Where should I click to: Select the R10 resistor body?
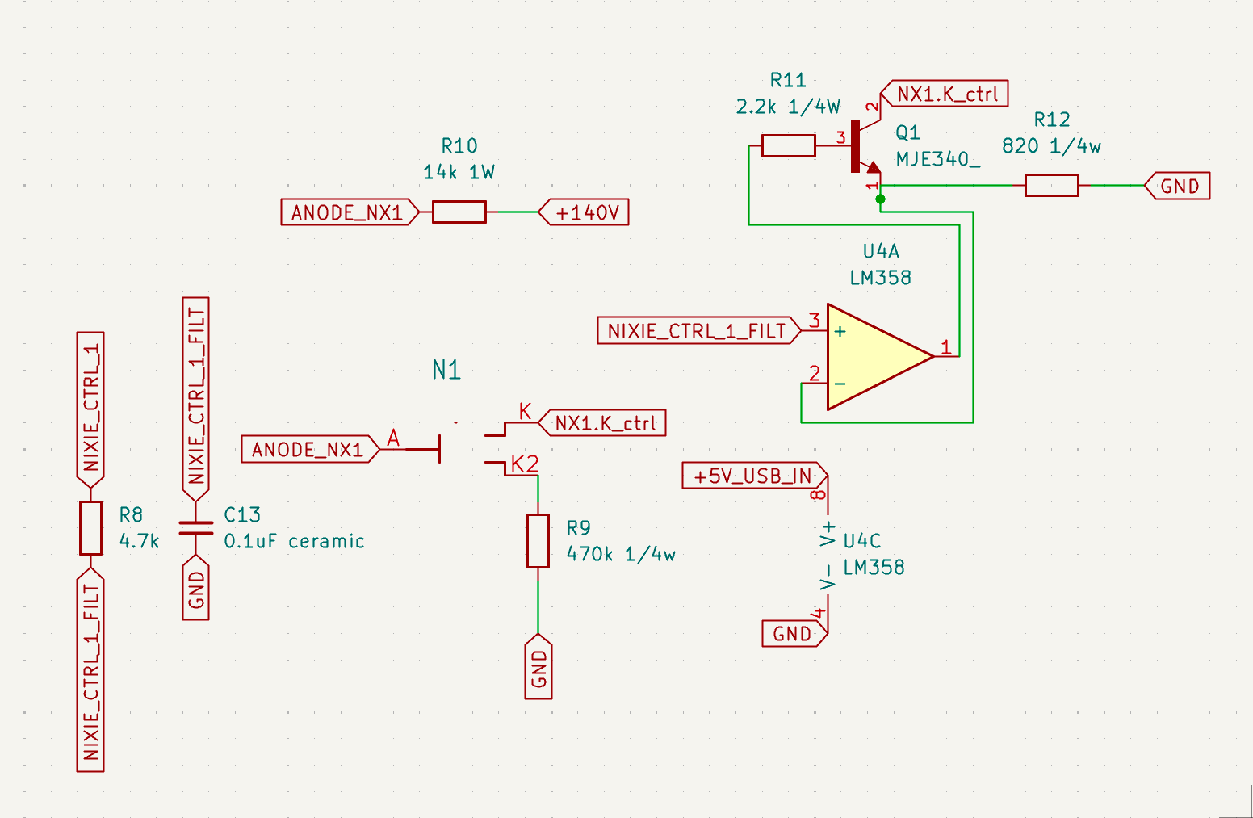[x=459, y=212]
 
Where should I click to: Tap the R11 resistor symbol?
[x=788, y=146]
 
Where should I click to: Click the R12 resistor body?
[x=1051, y=186]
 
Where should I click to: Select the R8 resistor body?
[x=90, y=527]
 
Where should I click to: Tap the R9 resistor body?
[x=538, y=540]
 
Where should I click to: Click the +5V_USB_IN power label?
[x=753, y=476]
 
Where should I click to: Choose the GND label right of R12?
[x=1180, y=186]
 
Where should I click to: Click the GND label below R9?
[x=538, y=668]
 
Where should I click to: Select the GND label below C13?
[x=196, y=589]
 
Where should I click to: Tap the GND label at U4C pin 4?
[x=793, y=634]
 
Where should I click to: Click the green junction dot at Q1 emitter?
[x=880, y=199]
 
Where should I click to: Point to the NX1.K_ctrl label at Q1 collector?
[x=946, y=94]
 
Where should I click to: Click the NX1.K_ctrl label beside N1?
[x=605, y=422]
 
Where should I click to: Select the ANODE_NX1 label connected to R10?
[x=348, y=212]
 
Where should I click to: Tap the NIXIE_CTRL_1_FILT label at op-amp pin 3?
[x=697, y=330]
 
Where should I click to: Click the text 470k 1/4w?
[x=621, y=554]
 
